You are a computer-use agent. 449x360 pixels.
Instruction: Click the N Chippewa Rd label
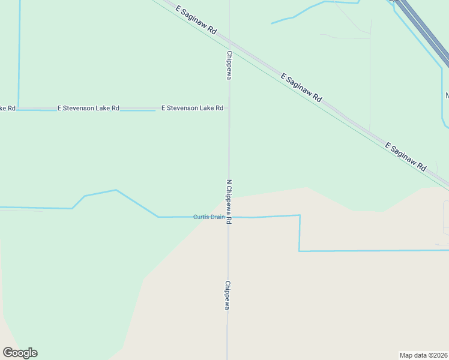(x=229, y=201)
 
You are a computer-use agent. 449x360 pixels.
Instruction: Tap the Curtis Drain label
(x=208, y=217)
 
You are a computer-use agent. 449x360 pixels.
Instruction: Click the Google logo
(x=20, y=353)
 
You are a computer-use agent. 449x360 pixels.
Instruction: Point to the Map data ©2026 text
(x=423, y=355)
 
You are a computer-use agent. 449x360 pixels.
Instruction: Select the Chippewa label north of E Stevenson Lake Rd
(x=229, y=65)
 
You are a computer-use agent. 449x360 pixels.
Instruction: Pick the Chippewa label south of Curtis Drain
(x=228, y=295)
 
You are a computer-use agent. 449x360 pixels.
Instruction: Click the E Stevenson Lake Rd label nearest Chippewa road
(x=192, y=108)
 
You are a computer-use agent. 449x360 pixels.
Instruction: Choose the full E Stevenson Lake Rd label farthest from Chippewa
(x=88, y=108)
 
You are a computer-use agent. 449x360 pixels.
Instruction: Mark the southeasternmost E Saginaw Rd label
(x=405, y=156)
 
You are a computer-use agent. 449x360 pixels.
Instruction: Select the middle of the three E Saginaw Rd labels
(x=301, y=86)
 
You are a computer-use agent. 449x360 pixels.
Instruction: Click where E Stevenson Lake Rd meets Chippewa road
(x=228, y=108)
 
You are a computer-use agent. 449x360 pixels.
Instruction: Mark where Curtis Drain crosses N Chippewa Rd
(x=228, y=217)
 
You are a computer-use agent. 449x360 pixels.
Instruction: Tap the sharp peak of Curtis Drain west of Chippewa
(x=115, y=190)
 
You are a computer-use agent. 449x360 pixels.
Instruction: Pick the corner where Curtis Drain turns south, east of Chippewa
(x=300, y=215)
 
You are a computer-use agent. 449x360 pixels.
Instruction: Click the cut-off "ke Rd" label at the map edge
(x=7, y=108)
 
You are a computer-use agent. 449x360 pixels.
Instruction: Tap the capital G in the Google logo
(x=8, y=353)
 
